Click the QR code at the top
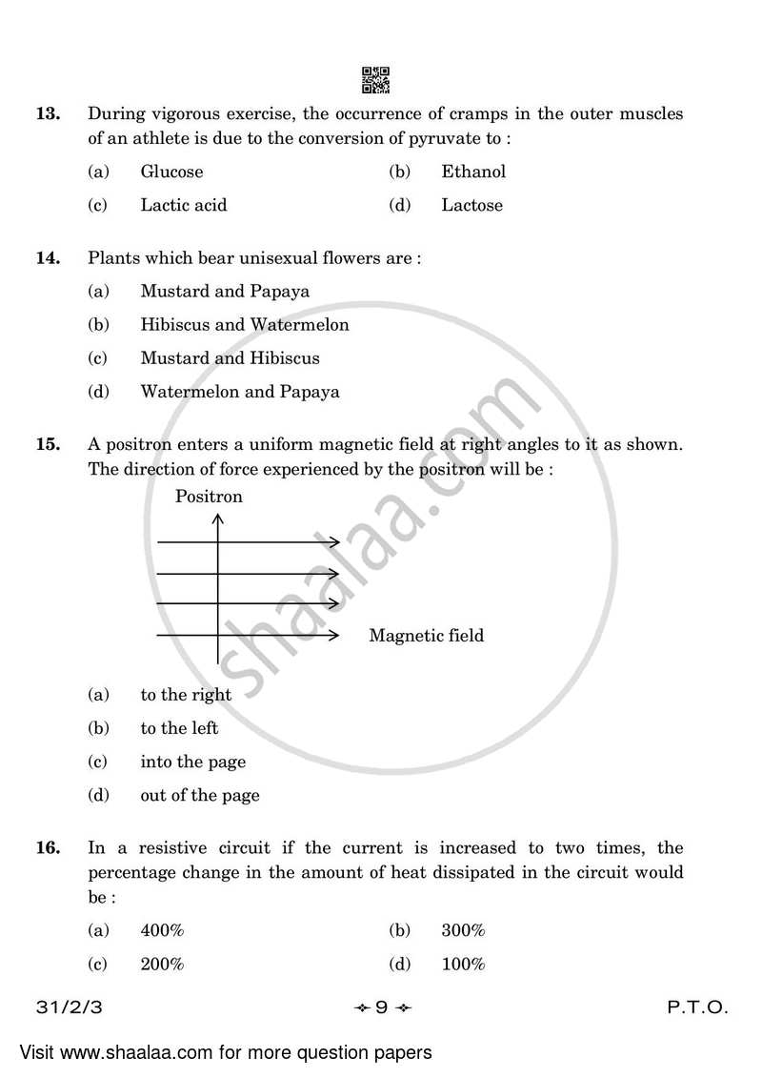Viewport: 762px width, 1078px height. point(376,81)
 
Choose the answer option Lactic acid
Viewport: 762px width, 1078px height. point(183,205)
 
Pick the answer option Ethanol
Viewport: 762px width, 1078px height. point(473,172)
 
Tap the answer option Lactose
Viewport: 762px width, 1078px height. point(471,205)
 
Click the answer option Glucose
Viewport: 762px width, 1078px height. point(171,172)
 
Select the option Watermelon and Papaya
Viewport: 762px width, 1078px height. point(239,392)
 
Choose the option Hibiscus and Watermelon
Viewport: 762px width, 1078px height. point(244,325)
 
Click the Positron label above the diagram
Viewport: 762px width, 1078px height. point(209,497)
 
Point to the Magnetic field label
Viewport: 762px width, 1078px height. point(426,636)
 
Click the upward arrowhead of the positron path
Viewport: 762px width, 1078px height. point(218,519)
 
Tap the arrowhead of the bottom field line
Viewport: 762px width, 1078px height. point(333,635)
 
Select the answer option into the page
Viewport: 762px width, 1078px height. point(192,762)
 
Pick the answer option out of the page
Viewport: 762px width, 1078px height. point(199,795)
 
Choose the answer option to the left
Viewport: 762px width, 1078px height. point(179,728)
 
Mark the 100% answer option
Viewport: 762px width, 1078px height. point(463,965)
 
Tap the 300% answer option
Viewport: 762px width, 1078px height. point(463,931)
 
